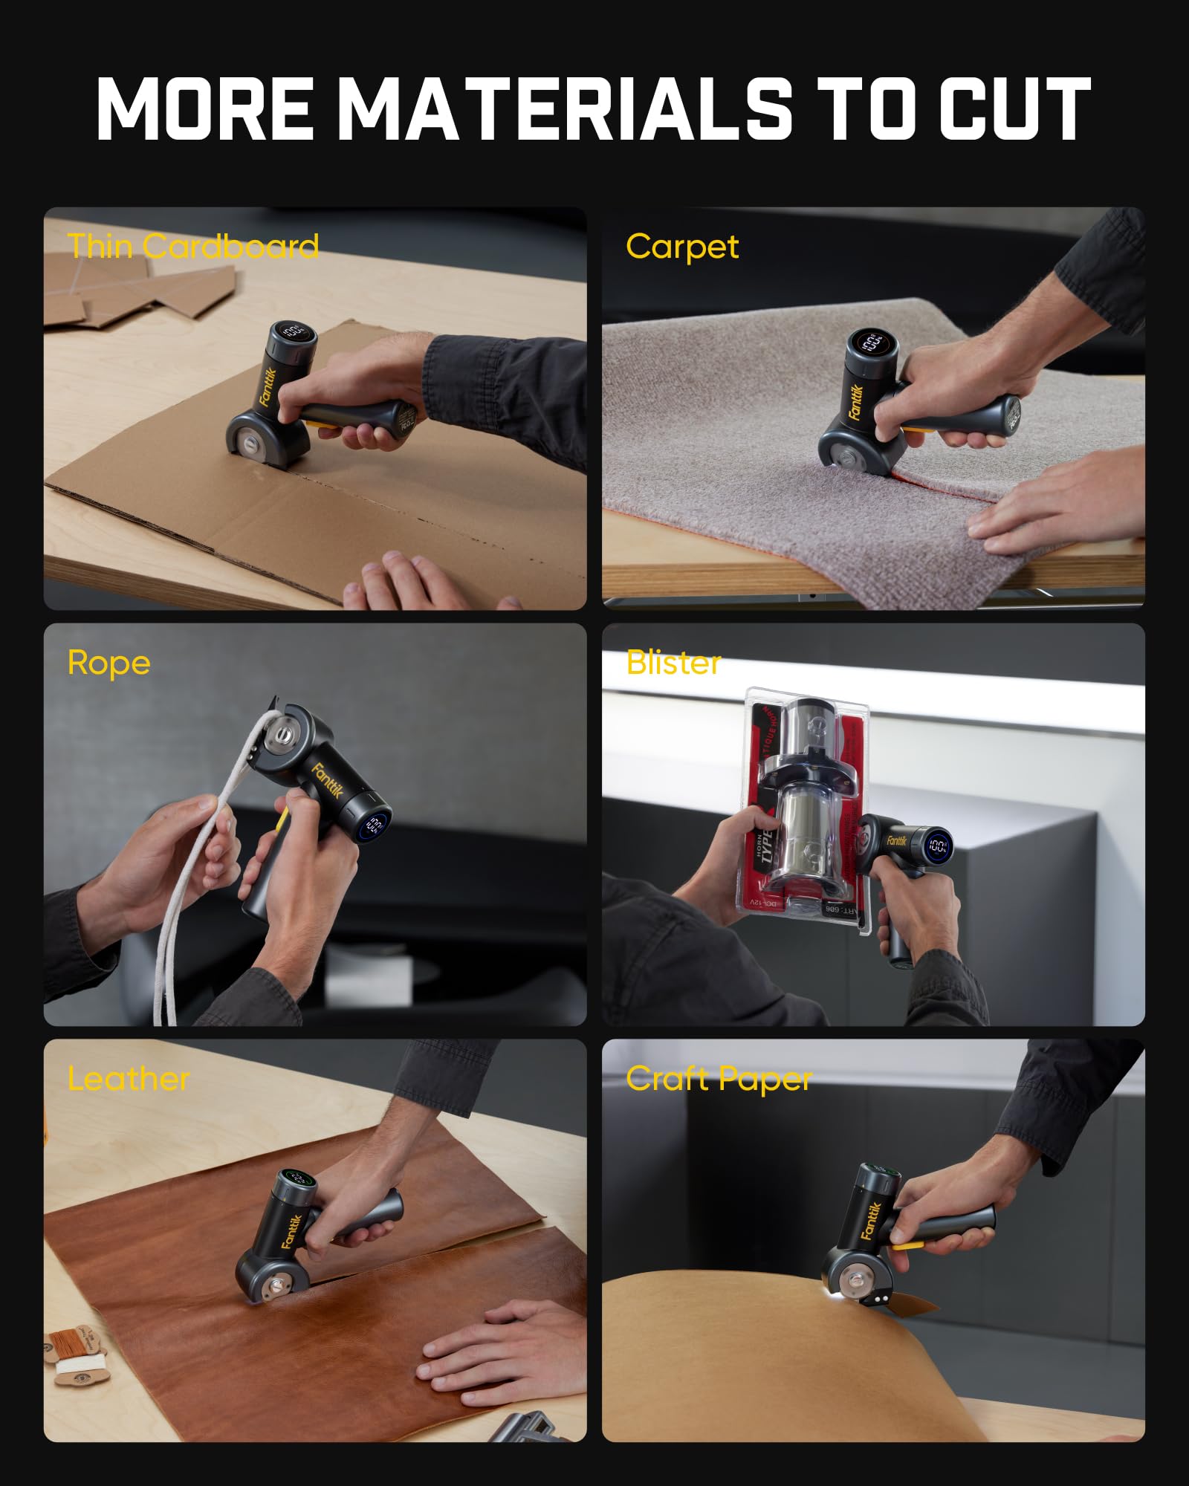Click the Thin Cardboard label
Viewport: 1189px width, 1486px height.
point(193,246)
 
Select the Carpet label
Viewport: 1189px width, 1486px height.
point(682,246)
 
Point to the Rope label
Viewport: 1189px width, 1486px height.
point(108,662)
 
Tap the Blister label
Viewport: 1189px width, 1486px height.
point(673,662)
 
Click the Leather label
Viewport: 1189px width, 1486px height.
point(129,1078)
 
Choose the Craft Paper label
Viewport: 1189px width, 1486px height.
point(719,1079)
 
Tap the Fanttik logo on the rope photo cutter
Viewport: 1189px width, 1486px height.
point(327,781)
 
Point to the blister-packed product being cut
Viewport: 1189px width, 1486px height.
point(806,802)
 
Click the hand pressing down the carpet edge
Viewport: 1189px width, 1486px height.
point(1055,505)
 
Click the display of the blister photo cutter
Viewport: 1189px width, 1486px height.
point(937,846)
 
